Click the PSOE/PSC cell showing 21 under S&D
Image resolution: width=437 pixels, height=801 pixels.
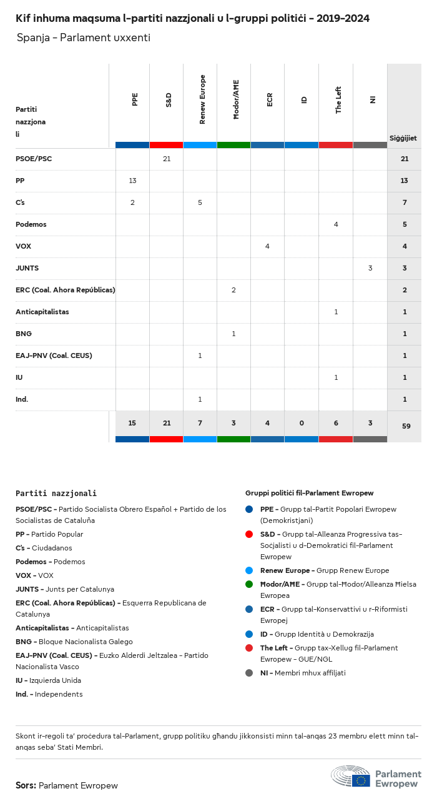click(167, 159)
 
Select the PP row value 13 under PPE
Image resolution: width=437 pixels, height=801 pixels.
click(132, 181)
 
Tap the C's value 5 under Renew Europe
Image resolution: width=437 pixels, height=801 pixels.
click(200, 202)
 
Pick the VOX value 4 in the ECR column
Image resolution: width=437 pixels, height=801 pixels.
click(267, 246)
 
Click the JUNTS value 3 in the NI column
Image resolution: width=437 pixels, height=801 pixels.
click(370, 268)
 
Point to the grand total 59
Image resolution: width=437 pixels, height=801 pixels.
click(405, 426)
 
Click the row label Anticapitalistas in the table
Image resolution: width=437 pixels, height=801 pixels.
click(42, 312)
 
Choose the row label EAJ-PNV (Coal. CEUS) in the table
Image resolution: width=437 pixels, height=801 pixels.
click(54, 356)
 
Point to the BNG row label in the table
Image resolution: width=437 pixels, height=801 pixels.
click(24, 334)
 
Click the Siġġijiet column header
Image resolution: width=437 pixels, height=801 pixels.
click(403, 138)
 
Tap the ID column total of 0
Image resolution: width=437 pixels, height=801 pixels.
click(302, 423)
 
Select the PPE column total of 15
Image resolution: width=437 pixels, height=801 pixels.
click(132, 423)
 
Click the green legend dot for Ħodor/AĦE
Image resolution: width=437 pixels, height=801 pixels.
click(249, 584)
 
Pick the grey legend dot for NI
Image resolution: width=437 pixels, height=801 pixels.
click(249, 673)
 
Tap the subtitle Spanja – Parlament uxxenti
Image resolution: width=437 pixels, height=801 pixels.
click(84, 37)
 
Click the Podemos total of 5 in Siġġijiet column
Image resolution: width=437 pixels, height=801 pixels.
click(405, 224)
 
